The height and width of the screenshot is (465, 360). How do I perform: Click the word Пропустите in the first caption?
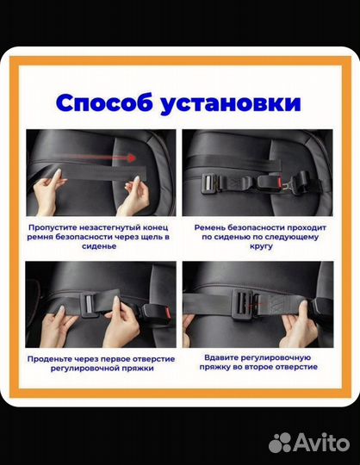[59, 225]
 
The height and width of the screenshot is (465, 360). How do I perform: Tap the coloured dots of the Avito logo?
[280, 443]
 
